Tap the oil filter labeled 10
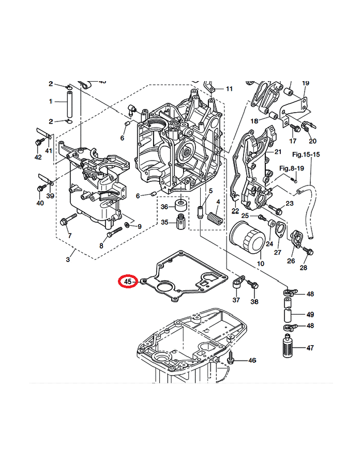[x=247, y=241]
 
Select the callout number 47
[x=310, y=348]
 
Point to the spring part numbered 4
[x=215, y=219]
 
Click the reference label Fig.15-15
[x=306, y=154]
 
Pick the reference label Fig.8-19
[x=292, y=168]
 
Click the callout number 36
[x=165, y=207]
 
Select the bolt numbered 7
[x=65, y=222]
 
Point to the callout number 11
[x=229, y=89]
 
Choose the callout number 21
[x=278, y=152]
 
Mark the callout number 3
[x=68, y=259]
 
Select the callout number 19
[x=306, y=83]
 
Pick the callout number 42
[x=38, y=157]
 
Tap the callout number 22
[x=235, y=211]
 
